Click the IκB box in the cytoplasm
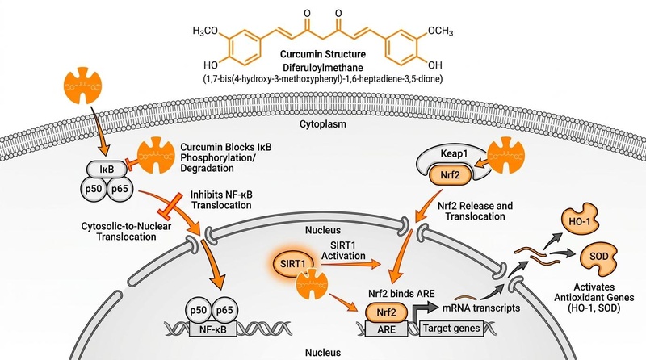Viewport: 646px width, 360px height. pyautogui.click(x=107, y=169)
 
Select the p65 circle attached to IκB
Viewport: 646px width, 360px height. pyautogui.click(x=120, y=189)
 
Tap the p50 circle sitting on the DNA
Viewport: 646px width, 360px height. pyautogui.click(x=198, y=310)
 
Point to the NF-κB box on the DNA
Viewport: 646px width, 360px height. pyautogui.click(x=213, y=329)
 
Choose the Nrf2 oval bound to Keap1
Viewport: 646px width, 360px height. pyautogui.click(x=450, y=175)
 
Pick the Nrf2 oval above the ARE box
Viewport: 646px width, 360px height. pyautogui.click(x=387, y=312)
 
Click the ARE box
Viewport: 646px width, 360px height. pyautogui.click(x=387, y=329)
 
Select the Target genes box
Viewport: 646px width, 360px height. pyautogui.click(x=451, y=329)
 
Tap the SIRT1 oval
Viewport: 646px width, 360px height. pyautogui.click(x=293, y=264)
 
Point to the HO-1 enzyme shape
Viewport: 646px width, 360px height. pyautogui.click(x=580, y=221)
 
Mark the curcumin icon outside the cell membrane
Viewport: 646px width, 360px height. pyautogui.click(x=83, y=86)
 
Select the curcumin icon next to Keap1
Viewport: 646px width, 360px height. pyautogui.click(x=506, y=155)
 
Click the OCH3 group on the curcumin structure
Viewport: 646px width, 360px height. pyautogui.click(x=440, y=31)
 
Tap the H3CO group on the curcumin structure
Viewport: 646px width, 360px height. pyautogui.click(x=205, y=31)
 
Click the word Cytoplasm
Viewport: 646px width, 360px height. pyautogui.click(x=322, y=124)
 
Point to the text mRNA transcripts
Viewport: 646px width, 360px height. pyautogui.click(x=481, y=308)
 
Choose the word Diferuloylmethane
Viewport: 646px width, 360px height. pyautogui.click(x=323, y=67)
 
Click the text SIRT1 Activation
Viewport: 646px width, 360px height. pyautogui.click(x=343, y=250)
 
